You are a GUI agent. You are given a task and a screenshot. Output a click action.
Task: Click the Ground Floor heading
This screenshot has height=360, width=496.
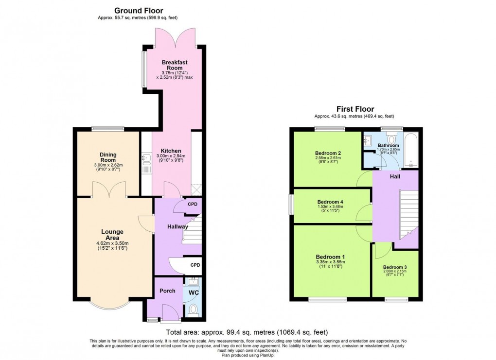pyautogui.click(x=139, y=10)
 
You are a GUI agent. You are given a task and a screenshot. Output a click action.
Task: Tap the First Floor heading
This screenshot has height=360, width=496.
pyautogui.click(x=355, y=109)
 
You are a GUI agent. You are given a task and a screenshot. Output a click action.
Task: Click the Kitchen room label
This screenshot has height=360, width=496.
pyautogui.click(x=171, y=151)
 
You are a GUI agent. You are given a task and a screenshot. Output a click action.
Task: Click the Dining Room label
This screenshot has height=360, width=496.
pyautogui.click(x=108, y=157)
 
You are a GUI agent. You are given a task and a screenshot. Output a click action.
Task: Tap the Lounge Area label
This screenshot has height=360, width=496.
pyautogui.click(x=112, y=235)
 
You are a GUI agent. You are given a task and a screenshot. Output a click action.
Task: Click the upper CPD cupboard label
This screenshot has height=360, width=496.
pyautogui.click(x=193, y=204)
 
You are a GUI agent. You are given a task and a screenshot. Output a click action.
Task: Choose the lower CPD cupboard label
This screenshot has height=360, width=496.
pyautogui.click(x=195, y=265)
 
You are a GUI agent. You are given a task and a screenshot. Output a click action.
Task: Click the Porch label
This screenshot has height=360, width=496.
pyautogui.click(x=167, y=291)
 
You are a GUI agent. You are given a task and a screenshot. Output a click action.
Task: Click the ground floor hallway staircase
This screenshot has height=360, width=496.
pyautogui.click(x=192, y=229)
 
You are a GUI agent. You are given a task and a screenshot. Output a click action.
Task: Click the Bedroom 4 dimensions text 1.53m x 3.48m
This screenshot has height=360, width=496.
pyautogui.click(x=330, y=206)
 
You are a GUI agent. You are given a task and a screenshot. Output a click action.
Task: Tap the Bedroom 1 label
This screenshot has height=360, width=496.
pyautogui.click(x=330, y=257)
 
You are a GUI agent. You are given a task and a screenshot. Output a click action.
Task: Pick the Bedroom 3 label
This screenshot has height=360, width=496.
pyautogui.click(x=395, y=267)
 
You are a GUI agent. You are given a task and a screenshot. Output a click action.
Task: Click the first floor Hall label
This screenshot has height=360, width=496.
pyautogui.click(x=395, y=177)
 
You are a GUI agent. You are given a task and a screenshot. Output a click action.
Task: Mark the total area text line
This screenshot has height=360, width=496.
pyautogui.click(x=247, y=332)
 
